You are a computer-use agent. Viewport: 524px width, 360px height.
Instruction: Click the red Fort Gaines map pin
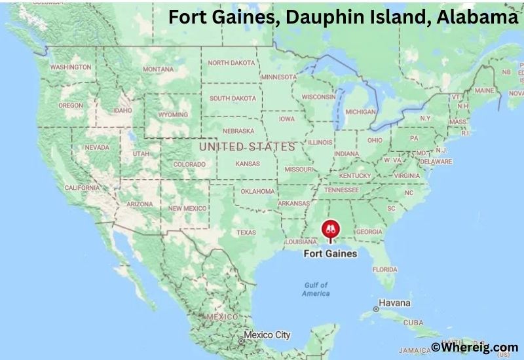click(329, 230)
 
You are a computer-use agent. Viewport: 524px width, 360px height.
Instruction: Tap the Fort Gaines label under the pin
click(331, 253)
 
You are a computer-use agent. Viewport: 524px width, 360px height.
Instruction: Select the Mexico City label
click(268, 335)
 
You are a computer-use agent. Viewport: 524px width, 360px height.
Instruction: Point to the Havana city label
click(396, 304)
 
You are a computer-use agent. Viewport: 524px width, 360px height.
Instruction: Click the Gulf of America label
click(316, 289)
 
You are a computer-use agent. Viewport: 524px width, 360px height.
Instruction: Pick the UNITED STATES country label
click(247, 147)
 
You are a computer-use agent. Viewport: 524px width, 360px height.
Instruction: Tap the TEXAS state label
click(246, 232)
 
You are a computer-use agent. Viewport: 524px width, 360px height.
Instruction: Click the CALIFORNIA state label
click(82, 188)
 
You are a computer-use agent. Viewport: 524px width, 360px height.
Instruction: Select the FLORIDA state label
click(384, 269)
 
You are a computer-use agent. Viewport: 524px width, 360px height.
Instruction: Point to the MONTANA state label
click(159, 69)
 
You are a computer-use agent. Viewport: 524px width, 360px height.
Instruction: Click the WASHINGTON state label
click(70, 67)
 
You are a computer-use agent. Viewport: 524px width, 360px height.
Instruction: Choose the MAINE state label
click(484, 90)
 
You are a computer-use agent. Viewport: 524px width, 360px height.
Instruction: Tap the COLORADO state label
click(189, 164)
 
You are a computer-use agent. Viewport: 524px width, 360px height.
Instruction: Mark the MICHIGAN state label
click(360, 112)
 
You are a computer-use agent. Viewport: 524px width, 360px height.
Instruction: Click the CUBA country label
click(413, 323)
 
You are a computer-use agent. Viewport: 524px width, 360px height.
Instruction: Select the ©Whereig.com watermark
click(474, 348)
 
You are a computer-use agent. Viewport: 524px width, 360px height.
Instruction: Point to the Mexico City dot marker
click(241, 340)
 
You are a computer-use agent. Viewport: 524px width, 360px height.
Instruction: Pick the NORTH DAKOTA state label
click(232, 63)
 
